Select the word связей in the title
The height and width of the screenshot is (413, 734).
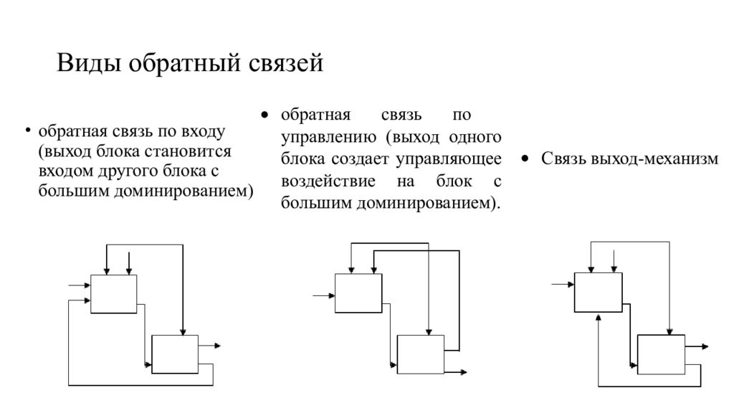pyautogui.click(x=285, y=63)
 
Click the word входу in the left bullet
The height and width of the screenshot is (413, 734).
pyautogui.click(x=201, y=133)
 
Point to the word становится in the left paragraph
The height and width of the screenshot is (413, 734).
pyautogui.click(x=187, y=152)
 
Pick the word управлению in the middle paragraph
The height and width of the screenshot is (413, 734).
pyautogui.click(x=328, y=138)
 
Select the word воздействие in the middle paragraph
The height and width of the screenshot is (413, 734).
pyautogui.click(x=328, y=181)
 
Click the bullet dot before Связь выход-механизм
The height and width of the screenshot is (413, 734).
pyautogui.click(x=525, y=159)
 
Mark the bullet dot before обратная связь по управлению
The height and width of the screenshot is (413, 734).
pyautogui.click(x=265, y=115)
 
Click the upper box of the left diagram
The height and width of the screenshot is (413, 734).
pyautogui.click(x=114, y=294)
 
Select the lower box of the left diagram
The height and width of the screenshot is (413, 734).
pyautogui.click(x=175, y=354)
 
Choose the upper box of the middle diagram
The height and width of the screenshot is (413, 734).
pyautogui.click(x=358, y=293)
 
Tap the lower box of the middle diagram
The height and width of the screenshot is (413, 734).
pyautogui.click(x=421, y=354)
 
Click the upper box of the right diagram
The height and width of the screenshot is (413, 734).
pyautogui.click(x=599, y=293)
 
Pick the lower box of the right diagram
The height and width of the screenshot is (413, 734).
pyautogui.click(x=662, y=354)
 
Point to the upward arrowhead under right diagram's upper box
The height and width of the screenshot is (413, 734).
pyautogui.click(x=599, y=317)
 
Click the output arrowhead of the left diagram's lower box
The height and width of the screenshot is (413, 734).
pyautogui.click(x=218, y=346)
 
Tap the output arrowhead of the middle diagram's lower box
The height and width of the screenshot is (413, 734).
pyautogui.click(x=464, y=372)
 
